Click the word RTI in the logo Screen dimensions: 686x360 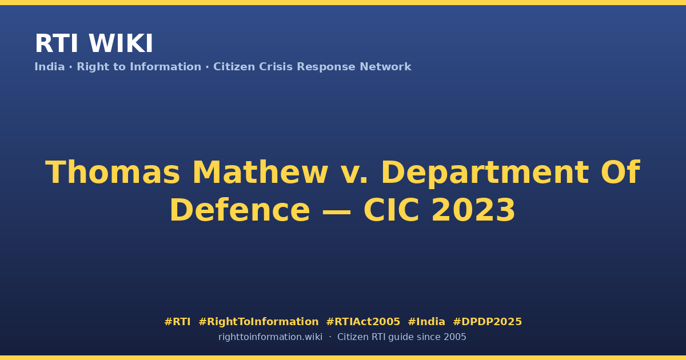point(57,43)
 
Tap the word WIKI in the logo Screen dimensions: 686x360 point(121,43)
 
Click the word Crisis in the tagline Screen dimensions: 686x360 point(276,67)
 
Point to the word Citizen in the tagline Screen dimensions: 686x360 point(234,67)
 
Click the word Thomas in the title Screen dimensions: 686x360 point(113,173)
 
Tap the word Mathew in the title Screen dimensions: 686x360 point(260,173)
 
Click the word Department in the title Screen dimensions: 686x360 point(485,174)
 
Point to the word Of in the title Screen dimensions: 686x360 point(620,173)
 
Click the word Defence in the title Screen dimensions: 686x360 point(240,210)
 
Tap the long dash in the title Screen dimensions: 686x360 point(337,211)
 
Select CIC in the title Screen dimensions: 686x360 point(391,210)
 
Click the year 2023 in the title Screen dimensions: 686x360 point(473,210)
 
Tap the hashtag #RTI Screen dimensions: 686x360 point(177,322)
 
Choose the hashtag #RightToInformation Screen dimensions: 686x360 point(258,322)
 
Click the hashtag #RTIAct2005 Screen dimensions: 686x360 point(363,322)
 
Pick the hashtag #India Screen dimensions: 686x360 point(426,322)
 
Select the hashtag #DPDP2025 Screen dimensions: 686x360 point(487,322)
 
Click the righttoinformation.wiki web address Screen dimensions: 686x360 point(270,337)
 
